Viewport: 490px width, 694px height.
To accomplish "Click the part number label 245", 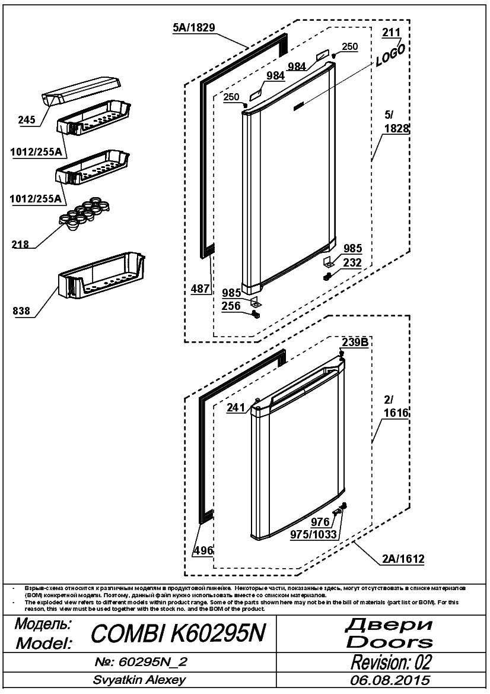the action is coord(27,119).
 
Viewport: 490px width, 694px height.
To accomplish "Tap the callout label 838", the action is coord(21,311).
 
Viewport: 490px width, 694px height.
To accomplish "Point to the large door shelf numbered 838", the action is coord(101,277).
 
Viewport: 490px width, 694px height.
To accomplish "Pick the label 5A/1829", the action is coord(194,27).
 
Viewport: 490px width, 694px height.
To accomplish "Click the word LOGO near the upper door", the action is coord(390,55).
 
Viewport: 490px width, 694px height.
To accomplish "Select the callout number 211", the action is coord(392,32).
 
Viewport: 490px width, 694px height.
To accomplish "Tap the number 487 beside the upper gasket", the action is coord(201,289).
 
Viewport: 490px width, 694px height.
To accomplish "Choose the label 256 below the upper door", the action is coord(231,306).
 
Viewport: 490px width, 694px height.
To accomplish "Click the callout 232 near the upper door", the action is coord(352,262).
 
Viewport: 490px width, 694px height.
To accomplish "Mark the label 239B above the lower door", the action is coord(355,342).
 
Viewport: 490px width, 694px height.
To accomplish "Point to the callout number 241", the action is coord(236,407).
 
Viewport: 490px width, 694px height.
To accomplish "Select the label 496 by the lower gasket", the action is coord(203,550).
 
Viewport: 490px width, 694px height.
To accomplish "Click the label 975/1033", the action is coord(314,535).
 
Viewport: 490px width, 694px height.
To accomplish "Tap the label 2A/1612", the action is coord(403,559).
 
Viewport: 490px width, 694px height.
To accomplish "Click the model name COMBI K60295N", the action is coord(178,633).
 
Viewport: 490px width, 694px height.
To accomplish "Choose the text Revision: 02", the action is coord(391,662).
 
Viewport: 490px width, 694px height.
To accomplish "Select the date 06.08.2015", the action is coord(390,680).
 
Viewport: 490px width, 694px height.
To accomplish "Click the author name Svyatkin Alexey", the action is coord(139,680).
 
